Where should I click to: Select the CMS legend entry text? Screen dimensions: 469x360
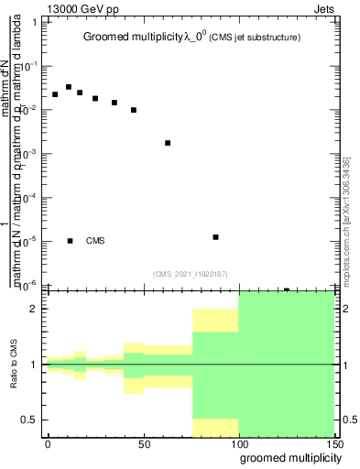pos(95,241)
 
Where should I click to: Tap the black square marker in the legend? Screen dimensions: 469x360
pos(71,241)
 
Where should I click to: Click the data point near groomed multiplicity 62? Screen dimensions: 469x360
pos(168,143)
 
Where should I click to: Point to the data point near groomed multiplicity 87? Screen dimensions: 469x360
pos(215,237)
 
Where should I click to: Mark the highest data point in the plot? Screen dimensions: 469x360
pos(69,87)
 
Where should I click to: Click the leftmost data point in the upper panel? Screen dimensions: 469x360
pos(55,94)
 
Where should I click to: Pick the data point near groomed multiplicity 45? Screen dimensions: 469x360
pos(134,110)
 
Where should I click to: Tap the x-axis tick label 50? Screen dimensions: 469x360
pos(143,444)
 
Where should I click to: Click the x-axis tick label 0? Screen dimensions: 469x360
pos(48,444)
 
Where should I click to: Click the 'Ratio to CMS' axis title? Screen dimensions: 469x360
pos(14,364)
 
